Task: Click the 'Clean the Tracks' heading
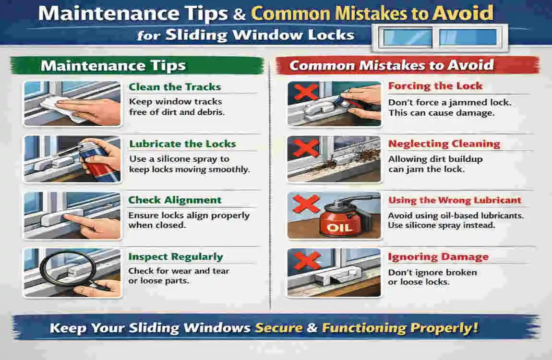(x=175, y=87)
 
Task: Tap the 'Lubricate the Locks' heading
(x=182, y=144)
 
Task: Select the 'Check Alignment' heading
(x=175, y=200)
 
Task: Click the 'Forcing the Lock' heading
(x=435, y=86)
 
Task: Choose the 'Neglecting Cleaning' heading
(x=444, y=144)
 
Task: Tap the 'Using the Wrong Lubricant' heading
(x=455, y=200)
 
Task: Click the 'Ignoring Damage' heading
(x=438, y=257)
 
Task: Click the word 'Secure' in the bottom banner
(x=279, y=328)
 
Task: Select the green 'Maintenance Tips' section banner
(x=137, y=65)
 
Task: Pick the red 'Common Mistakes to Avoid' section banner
(x=406, y=65)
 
